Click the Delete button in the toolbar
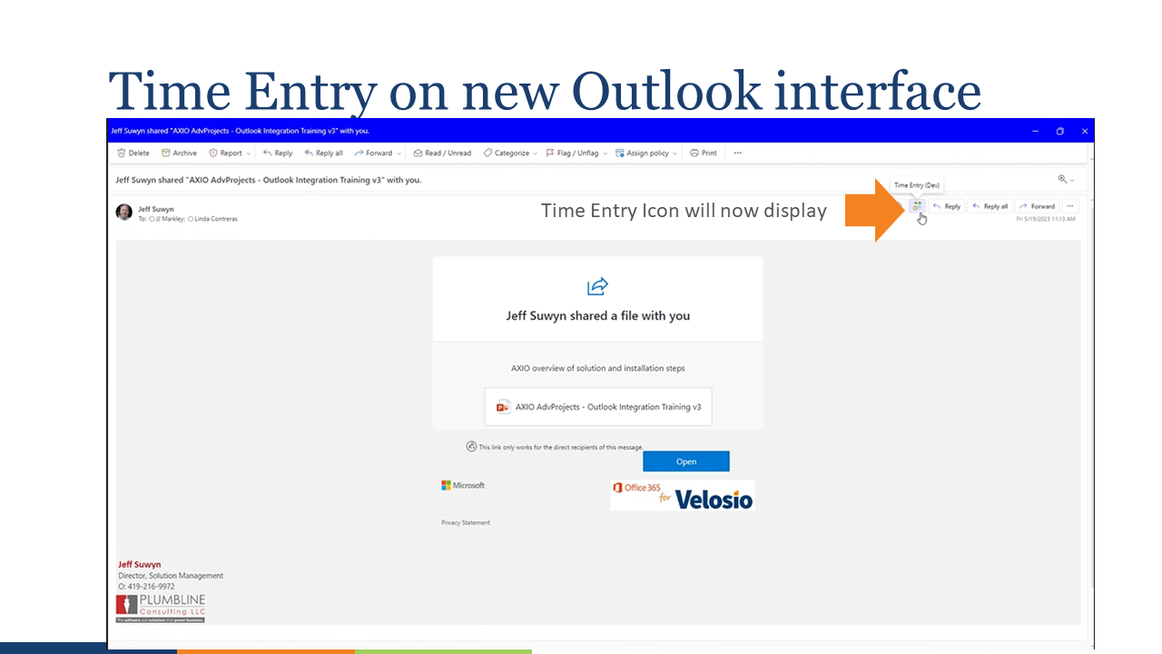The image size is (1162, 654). click(x=133, y=154)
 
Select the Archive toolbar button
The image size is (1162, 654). click(x=179, y=154)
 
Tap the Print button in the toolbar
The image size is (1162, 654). click(x=704, y=154)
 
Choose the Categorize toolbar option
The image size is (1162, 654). click(x=511, y=154)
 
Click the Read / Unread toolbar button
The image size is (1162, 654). click(x=442, y=154)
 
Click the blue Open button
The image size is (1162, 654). click(x=686, y=461)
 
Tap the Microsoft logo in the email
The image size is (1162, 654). click(x=463, y=486)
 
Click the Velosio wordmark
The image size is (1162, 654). click(x=714, y=498)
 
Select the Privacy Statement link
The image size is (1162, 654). click(x=466, y=523)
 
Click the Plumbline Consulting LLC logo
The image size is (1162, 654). click(x=161, y=608)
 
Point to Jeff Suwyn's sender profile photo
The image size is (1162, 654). click(x=124, y=213)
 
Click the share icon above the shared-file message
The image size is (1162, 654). click(x=597, y=287)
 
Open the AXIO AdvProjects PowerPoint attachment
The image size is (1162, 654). click(x=598, y=407)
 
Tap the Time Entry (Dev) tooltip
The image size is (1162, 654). click(x=917, y=185)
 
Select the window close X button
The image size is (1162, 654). click(x=1085, y=132)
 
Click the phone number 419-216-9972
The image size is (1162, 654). click(x=153, y=587)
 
